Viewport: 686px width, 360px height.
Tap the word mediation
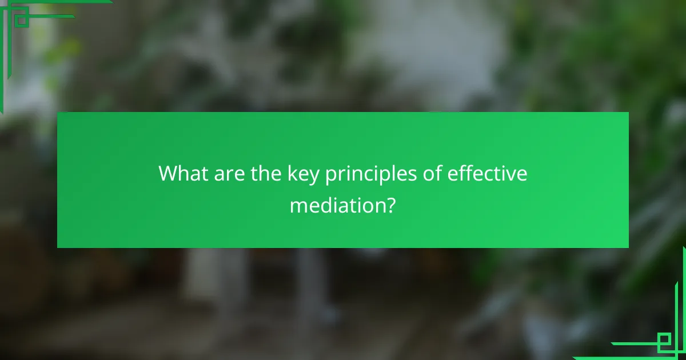click(x=335, y=204)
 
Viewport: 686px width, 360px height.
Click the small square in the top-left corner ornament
click(x=21, y=19)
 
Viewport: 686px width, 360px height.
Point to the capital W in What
click(x=170, y=173)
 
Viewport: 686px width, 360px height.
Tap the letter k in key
click(x=293, y=173)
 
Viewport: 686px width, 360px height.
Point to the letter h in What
click(x=186, y=173)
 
